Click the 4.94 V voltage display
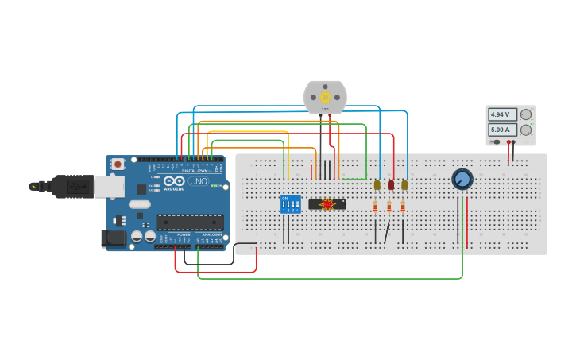tap(502, 114)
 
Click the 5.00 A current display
tap(502, 130)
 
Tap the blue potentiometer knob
tap(462, 179)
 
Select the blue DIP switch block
tap(291, 204)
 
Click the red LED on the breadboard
tap(390, 185)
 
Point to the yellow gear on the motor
tap(325, 97)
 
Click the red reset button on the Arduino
tap(118, 164)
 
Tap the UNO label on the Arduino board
tap(198, 181)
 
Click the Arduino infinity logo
tap(175, 181)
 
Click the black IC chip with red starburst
tap(327, 204)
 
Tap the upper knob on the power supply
tap(526, 114)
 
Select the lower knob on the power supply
tap(526, 130)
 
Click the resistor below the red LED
tap(389, 207)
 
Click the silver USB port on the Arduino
tap(109, 186)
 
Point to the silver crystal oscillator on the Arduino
tap(139, 204)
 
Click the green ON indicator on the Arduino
tap(212, 186)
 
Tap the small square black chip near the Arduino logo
tap(141, 189)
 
